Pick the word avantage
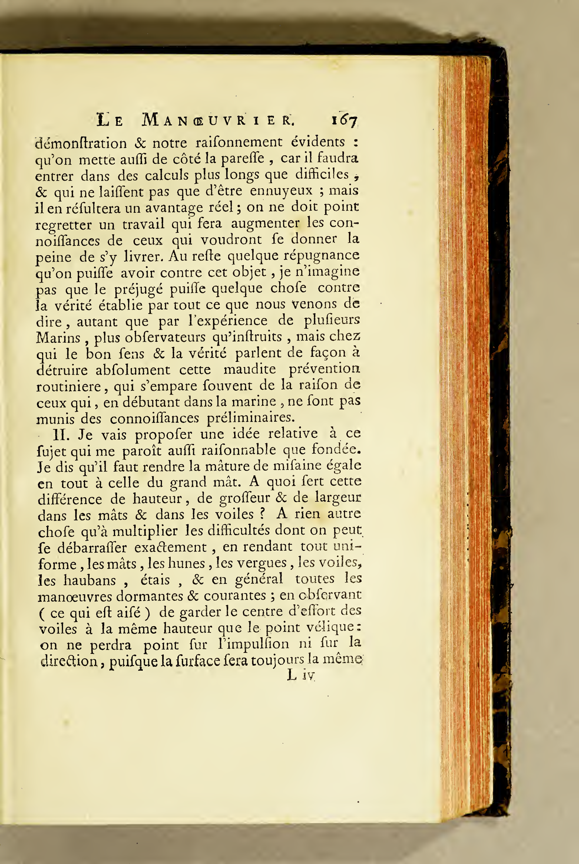pyautogui.click(x=174, y=208)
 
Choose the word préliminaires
pyautogui.click(x=251, y=418)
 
